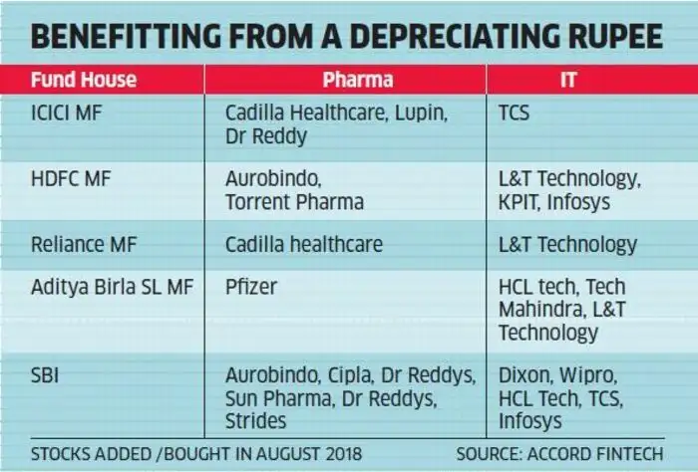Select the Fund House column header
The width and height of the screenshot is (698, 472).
coord(84,79)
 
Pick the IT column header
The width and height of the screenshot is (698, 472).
coord(567,79)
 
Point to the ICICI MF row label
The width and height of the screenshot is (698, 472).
coord(67,113)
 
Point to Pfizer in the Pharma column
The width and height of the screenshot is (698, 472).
coord(250,288)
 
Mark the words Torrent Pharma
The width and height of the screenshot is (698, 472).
coord(294,201)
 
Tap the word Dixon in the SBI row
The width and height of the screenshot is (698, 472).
coord(524,376)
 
